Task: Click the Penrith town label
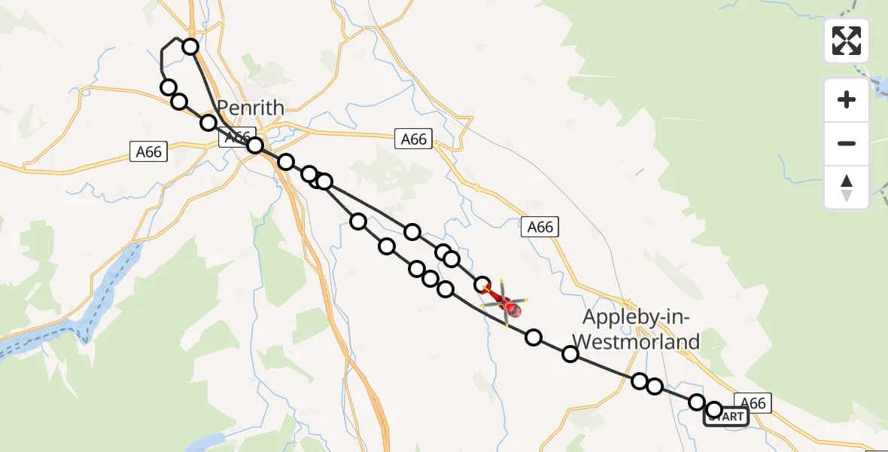click(251, 108)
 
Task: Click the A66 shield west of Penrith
click(148, 151)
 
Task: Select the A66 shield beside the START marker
click(753, 403)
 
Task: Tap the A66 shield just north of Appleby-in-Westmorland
click(540, 226)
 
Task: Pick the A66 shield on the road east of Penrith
click(413, 139)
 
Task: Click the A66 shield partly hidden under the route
click(236, 138)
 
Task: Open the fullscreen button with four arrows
click(847, 41)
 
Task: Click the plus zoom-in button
click(847, 99)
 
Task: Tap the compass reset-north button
click(847, 188)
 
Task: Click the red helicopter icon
click(506, 304)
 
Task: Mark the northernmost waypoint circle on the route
click(190, 47)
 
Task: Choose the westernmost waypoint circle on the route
click(169, 87)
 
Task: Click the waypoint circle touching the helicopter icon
click(482, 285)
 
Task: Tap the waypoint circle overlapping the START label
click(714, 411)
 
